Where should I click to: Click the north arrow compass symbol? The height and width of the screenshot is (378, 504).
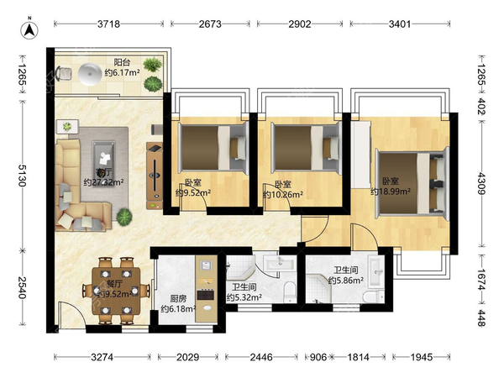pyautogui.click(x=29, y=29)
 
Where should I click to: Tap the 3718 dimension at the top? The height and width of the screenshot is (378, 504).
pyautogui.click(x=108, y=24)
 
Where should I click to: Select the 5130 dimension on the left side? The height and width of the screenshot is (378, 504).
pyautogui.click(x=22, y=176)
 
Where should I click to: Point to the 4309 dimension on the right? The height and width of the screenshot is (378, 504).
pyautogui.click(x=481, y=183)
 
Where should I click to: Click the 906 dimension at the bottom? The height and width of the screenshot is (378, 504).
pyautogui.click(x=318, y=357)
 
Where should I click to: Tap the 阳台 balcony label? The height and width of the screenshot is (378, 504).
pyautogui.click(x=122, y=62)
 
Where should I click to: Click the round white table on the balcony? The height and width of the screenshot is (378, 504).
pyautogui.click(x=90, y=74)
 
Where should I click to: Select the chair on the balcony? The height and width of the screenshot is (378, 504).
pyautogui.click(x=63, y=74)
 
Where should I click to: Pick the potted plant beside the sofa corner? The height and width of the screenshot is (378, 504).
pyautogui.click(x=124, y=217)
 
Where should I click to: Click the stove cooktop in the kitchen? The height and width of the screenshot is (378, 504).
pyautogui.click(x=206, y=295)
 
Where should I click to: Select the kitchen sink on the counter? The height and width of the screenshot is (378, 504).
pyautogui.click(x=206, y=265)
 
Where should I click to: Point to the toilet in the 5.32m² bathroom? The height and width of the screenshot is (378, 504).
pyautogui.click(x=290, y=291)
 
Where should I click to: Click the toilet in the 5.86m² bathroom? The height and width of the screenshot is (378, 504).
pyautogui.click(x=374, y=296)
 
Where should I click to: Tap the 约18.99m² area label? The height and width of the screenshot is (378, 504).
pyautogui.click(x=391, y=192)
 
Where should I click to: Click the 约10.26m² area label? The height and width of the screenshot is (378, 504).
pyautogui.click(x=283, y=195)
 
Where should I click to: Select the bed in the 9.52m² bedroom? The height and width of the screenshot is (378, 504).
pyautogui.click(x=213, y=148)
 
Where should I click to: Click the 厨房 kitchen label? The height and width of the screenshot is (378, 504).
pyautogui.click(x=178, y=299)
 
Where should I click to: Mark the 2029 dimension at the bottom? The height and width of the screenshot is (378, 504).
pyautogui.click(x=187, y=357)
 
